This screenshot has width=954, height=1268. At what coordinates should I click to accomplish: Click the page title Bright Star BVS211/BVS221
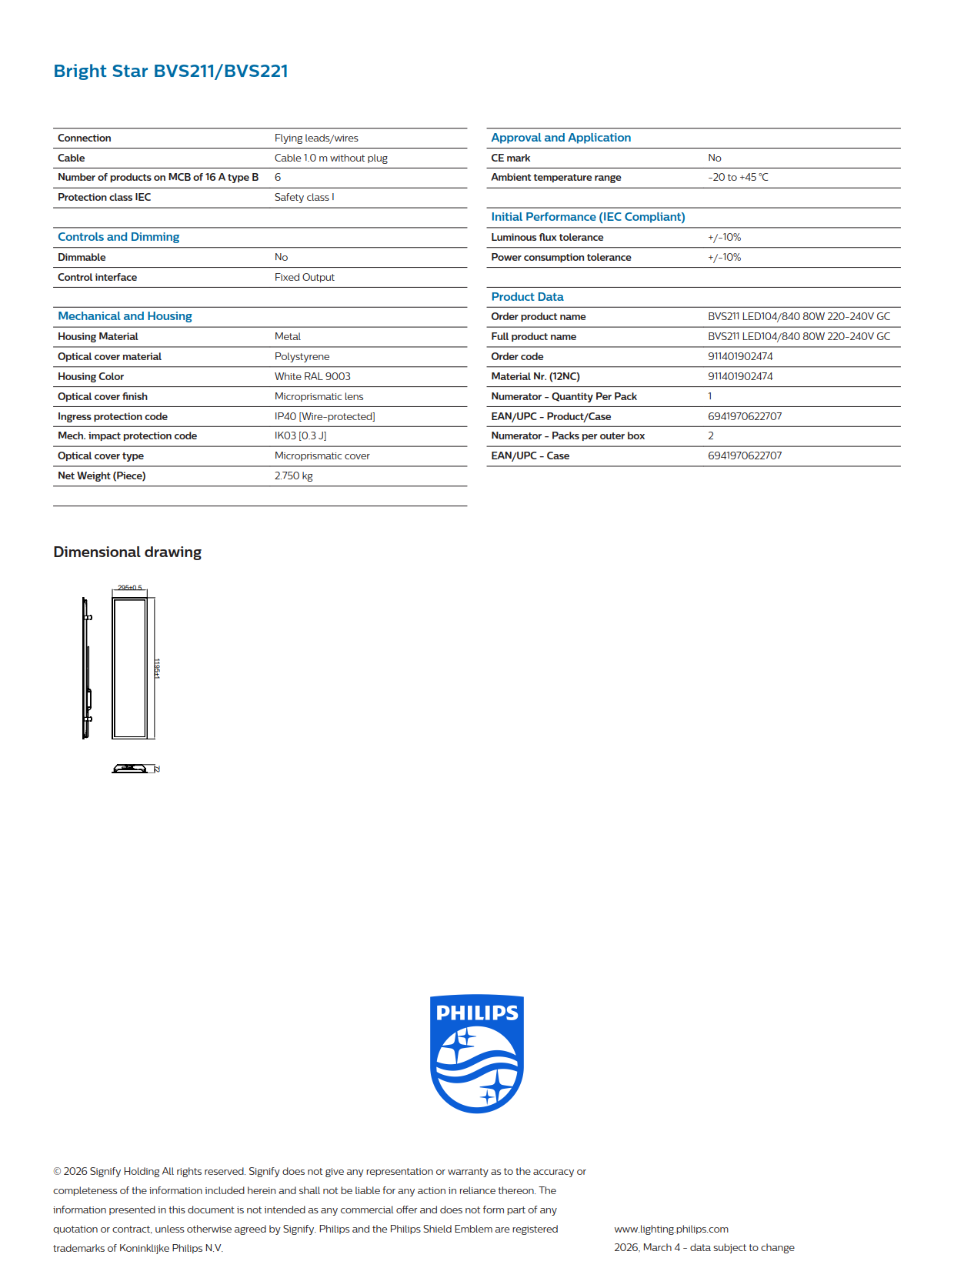(x=171, y=71)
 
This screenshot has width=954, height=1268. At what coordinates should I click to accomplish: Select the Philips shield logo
(x=477, y=1053)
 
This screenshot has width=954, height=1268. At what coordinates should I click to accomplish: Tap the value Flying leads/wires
(x=316, y=138)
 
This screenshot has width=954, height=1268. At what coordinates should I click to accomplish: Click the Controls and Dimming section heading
(x=118, y=237)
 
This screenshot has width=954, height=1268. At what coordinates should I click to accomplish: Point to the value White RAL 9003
(x=312, y=376)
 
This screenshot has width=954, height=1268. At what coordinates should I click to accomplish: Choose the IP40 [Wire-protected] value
(x=325, y=416)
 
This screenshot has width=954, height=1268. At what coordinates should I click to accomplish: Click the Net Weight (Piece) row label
(x=102, y=475)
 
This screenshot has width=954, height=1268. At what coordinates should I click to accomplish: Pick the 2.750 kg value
(x=293, y=475)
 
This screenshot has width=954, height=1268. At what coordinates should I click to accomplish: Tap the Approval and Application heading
(x=561, y=138)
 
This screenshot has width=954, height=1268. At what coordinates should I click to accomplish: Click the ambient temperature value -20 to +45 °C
(x=738, y=177)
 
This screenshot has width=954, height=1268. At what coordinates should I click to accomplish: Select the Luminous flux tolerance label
(x=547, y=237)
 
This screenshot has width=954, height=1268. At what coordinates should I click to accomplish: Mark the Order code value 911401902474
(x=740, y=356)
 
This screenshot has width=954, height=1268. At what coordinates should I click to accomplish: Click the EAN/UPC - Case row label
(x=530, y=455)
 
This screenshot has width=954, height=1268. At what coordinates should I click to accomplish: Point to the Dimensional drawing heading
(x=127, y=552)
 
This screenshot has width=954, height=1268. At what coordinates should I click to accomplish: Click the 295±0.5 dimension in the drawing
(x=129, y=588)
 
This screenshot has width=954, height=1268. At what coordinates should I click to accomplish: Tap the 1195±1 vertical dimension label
(x=157, y=668)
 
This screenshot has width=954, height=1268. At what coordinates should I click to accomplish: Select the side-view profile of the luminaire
(x=87, y=668)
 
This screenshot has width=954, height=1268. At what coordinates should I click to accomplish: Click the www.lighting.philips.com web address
(x=671, y=1229)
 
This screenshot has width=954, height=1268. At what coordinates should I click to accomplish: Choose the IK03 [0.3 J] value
(x=300, y=435)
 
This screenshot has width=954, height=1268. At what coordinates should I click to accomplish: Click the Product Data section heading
(x=527, y=297)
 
